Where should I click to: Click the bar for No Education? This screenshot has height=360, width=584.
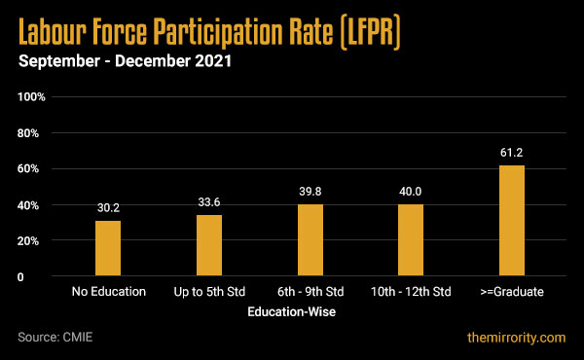click(108, 249)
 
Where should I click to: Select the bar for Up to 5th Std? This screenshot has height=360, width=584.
click(209, 246)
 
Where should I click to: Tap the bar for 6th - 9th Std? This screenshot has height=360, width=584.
click(310, 240)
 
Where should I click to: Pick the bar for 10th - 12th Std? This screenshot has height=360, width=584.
click(411, 240)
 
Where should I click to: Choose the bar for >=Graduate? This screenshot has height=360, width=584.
click(512, 221)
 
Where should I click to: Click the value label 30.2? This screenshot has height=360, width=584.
click(108, 208)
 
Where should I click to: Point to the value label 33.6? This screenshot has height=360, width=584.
click(209, 202)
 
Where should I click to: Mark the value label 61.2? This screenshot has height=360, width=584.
click(512, 153)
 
